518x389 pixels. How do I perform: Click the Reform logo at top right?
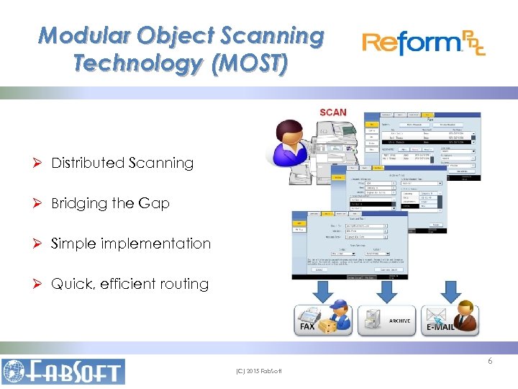coord(424,44)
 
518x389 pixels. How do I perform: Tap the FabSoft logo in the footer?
coord(63,370)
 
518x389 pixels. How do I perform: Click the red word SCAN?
coord(332,112)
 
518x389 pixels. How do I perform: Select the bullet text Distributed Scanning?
coord(122,163)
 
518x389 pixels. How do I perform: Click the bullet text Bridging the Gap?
coord(110,203)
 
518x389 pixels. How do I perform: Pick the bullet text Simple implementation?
coord(131,243)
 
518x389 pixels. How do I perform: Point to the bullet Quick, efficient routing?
coord(129,284)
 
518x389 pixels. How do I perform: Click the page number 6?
coord(490,361)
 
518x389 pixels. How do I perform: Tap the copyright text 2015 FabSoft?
coord(259,371)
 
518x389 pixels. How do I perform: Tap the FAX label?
coord(307,326)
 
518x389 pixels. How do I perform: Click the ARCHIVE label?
coord(399,321)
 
